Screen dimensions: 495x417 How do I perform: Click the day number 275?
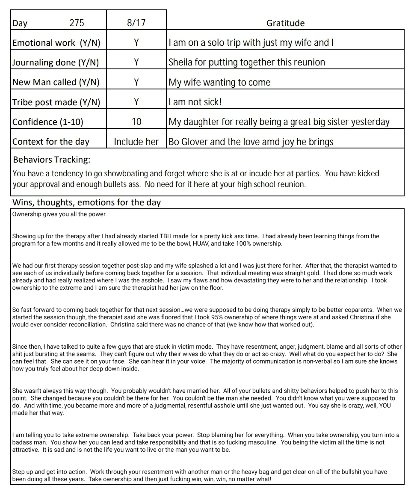pos(77,23)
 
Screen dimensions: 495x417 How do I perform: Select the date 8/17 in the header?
pos(136,23)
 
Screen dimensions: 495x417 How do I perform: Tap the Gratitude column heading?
pos(285,23)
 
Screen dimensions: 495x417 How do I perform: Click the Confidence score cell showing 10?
pos(136,122)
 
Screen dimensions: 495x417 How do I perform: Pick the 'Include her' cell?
pos(136,142)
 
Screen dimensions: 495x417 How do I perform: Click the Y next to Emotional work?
pos(136,43)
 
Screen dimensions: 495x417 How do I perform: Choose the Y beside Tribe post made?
pos(136,102)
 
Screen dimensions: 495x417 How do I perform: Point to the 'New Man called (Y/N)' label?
pos(56,82)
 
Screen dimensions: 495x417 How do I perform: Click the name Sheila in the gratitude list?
pos(180,62)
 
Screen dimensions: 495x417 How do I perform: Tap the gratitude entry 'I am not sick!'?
pos(195,102)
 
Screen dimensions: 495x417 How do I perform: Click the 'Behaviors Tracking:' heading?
pos(52,160)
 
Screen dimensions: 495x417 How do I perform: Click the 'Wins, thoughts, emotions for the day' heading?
pos(86,202)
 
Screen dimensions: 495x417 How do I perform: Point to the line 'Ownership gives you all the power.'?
pos(59,214)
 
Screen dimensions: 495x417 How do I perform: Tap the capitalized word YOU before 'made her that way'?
pos(382,406)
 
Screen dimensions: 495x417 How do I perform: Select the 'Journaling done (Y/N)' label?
pos(56,62)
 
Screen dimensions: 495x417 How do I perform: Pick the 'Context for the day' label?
pos(51,142)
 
